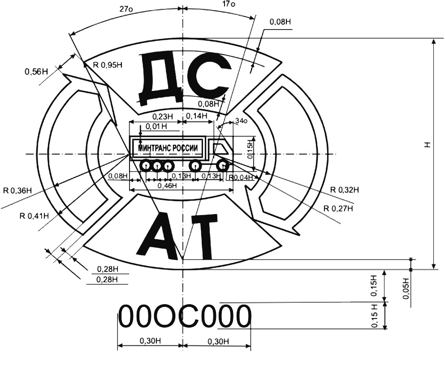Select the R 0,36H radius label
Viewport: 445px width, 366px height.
17,190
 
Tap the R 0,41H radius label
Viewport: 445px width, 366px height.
35,216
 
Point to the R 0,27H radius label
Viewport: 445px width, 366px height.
338,208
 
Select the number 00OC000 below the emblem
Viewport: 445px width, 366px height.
184,317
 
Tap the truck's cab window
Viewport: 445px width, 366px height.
219,148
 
